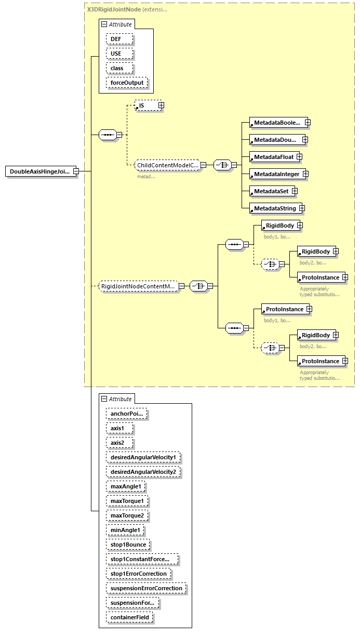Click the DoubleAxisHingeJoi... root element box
(39, 171)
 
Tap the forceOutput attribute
(127, 83)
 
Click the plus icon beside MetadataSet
(295, 191)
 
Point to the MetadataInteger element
(276, 174)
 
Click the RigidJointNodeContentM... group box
(139, 286)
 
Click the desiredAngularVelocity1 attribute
(144, 458)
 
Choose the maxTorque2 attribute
(127, 515)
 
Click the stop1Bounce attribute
(128, 545)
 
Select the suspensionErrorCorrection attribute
(146, 588)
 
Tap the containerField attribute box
(129, 617)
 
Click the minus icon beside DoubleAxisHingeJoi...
(76, 171)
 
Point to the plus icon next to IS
(161, 105)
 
